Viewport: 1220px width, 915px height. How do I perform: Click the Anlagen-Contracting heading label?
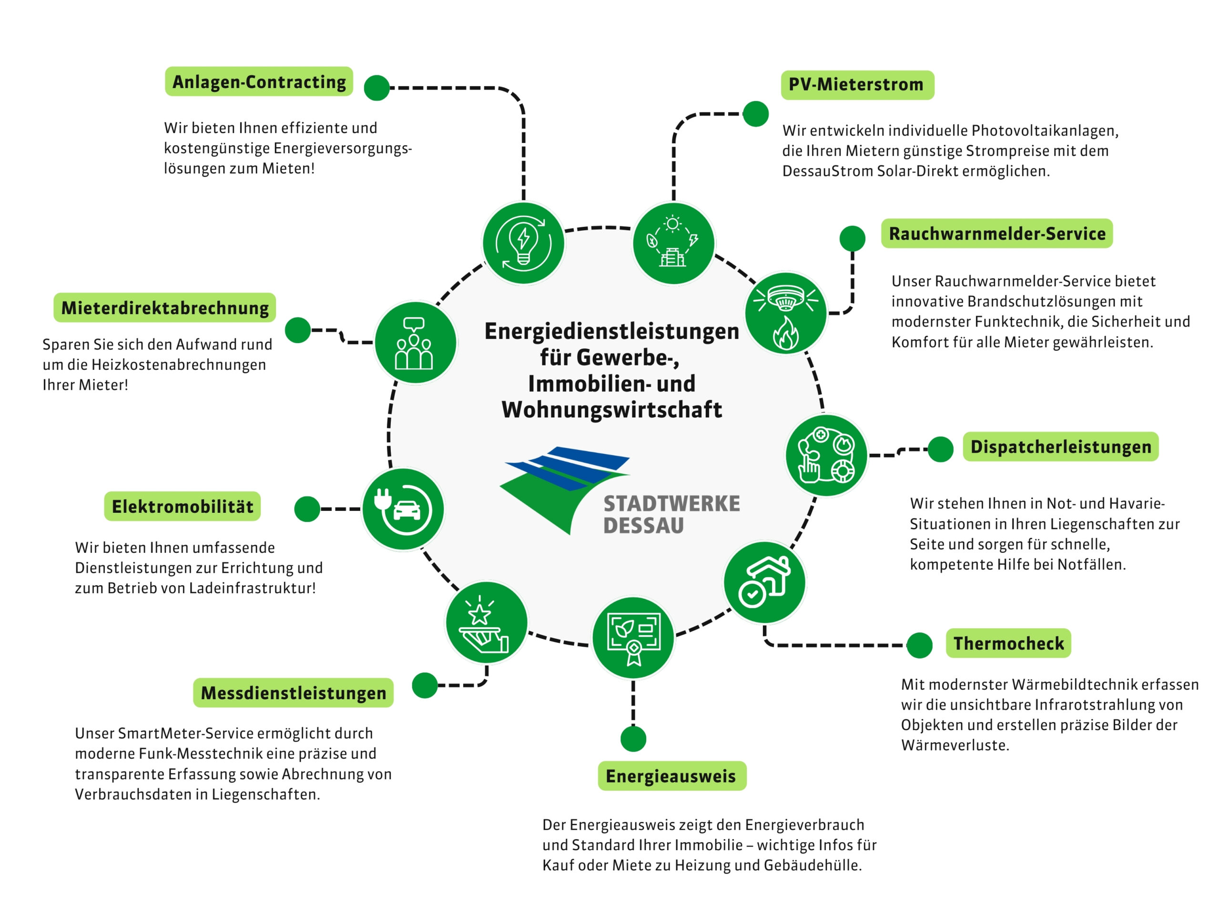pyautogui.click(x=259, y=81)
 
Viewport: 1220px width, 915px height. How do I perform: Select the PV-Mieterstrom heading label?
pyautogui.click(x=857, y=85)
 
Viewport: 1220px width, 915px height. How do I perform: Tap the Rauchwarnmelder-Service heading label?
pyautogui.click(x=996, y=234)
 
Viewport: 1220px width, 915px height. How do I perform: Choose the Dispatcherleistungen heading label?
pyautogui.click(x=1060, y=447)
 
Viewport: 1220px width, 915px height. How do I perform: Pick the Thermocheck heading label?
pyautogui.click(x=1008, y=643)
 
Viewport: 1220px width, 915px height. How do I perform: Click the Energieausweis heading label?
pyautogui.click(x=671, y=776)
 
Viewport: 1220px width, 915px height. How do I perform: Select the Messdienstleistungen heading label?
pyautogui.click(x=293, y=693)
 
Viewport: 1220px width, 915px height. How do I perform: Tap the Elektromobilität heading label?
pyautogui.click(x=182, y=506)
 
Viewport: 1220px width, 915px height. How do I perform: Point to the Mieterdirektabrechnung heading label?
pyautogui.click(x=164, y=308)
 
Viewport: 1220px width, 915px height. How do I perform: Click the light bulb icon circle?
pyautogui.click(x=523, y=243)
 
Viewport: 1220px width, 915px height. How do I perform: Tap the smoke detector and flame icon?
pyautogui.click(x=785, y=313)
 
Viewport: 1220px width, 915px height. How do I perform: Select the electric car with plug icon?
pyautogui.click(x=403, y=509)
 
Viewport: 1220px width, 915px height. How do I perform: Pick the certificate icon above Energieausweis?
pyautogui.click(x=633, y=638)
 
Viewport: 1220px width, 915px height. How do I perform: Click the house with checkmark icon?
pyautogui.click(x=764, y=582)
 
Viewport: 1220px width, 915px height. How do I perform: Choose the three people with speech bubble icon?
pyautogui.click(x=415, y=343)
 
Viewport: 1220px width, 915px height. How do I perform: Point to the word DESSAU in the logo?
pyautogui.click(x=643, y=526)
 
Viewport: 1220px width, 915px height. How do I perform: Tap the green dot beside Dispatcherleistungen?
pyautogui.click(x=940, y=449)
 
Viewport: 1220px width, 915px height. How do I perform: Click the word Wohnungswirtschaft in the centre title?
pyautogui.click(x=611, y=410)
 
